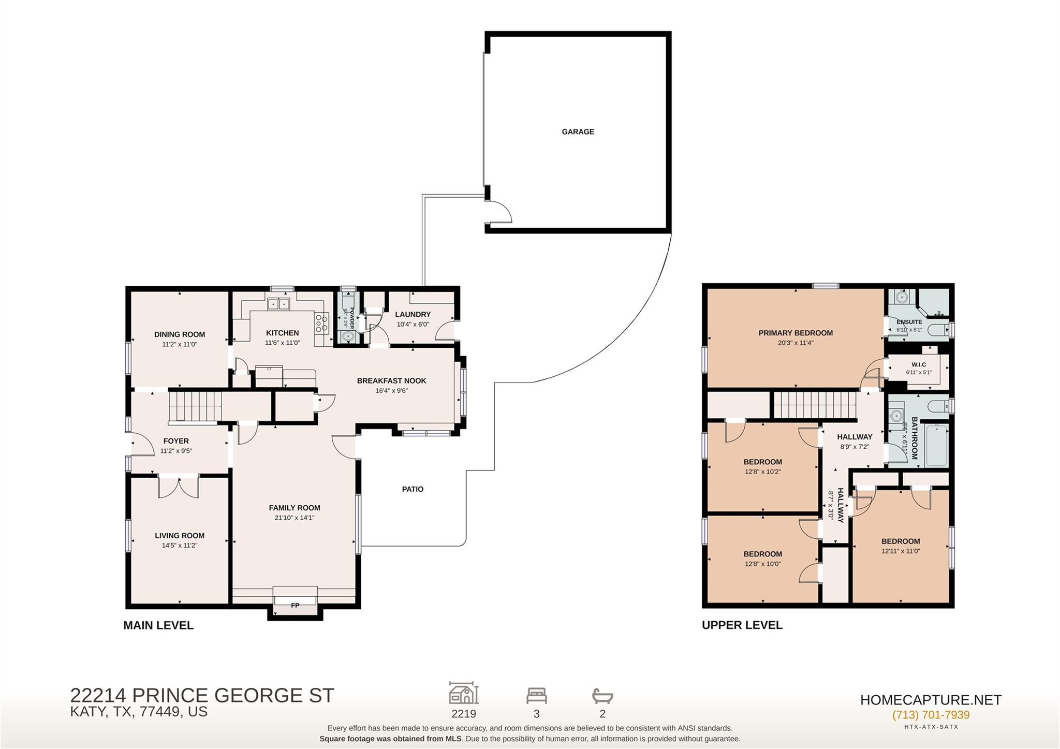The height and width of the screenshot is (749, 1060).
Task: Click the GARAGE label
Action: point(578,132)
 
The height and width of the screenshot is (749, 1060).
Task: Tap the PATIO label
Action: point(413,489)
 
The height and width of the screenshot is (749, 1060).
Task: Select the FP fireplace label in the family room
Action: point(295,605)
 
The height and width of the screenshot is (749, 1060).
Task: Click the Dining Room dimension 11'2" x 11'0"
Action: point(180,344)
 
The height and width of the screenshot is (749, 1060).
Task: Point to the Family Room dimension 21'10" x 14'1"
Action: point(295,518)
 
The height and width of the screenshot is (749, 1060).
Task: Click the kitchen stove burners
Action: point(321,323)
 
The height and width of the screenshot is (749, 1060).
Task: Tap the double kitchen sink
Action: point(279,304)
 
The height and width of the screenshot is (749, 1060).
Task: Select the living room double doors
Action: point(179,487)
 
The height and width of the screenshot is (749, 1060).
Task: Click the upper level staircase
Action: point(815,405)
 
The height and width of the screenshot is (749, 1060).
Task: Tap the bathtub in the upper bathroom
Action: point(937,445)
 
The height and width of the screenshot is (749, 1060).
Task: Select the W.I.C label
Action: point(919,365)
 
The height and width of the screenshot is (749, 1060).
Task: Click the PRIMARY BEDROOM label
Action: point(796,333)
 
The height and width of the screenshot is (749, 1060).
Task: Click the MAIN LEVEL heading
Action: point(158,625)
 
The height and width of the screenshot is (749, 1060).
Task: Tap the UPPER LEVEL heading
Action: point(742,625)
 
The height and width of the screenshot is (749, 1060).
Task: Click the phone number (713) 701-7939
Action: point(931,715)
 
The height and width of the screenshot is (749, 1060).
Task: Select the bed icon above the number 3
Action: point(537,695)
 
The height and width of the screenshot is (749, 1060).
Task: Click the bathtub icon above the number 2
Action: point(602,695)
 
